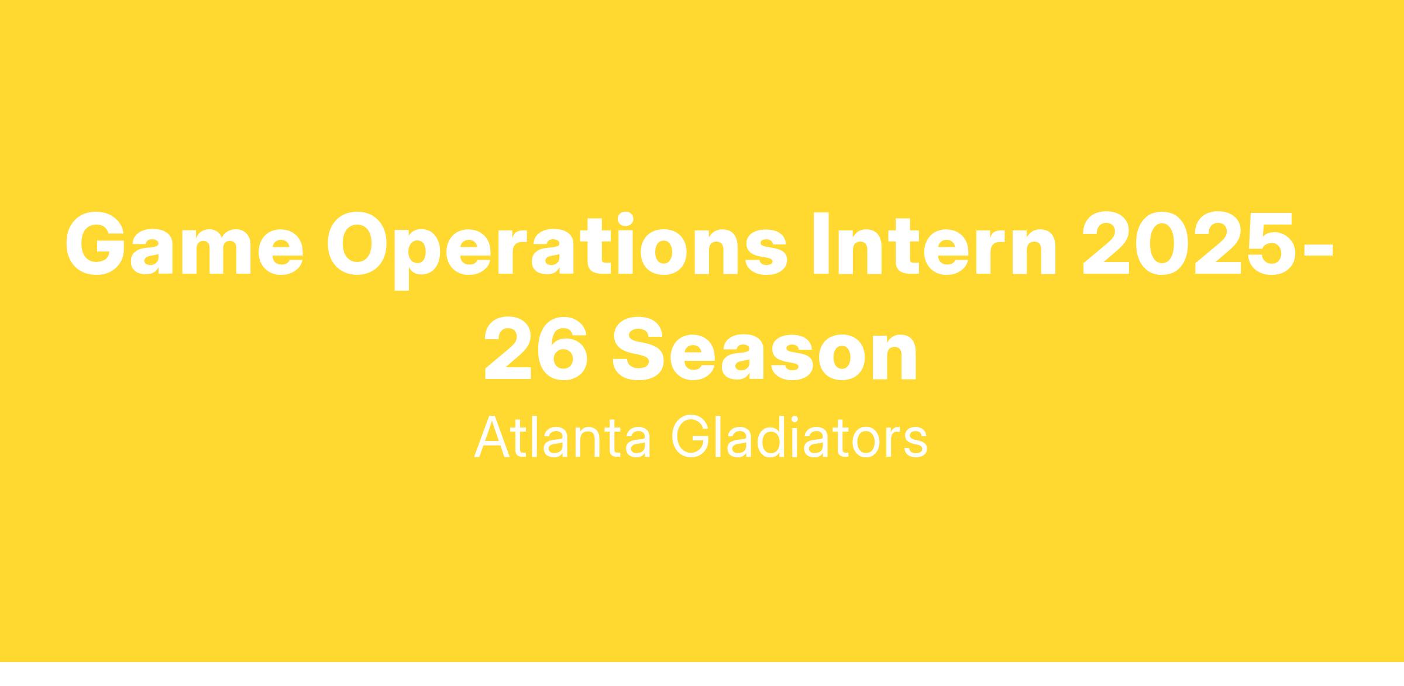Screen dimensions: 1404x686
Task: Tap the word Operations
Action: point(556,250)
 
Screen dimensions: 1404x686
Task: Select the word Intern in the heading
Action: point(934,243)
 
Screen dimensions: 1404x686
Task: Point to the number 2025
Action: point(1188,243)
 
